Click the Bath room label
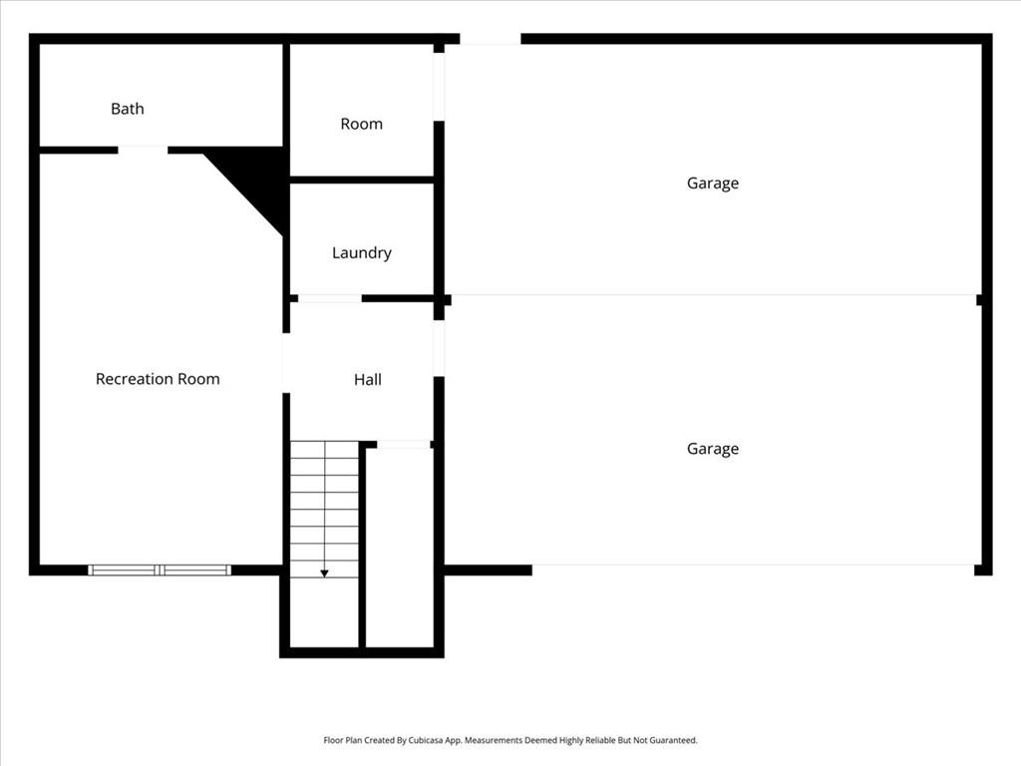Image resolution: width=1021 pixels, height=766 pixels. point(127,109)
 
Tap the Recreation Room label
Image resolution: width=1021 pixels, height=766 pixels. point(158,379)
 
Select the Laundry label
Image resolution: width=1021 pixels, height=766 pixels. point(361,253)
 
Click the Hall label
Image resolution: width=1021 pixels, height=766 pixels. point(367,380)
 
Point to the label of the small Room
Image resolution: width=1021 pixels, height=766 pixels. point(361,124)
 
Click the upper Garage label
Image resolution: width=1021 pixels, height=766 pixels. point(712,184)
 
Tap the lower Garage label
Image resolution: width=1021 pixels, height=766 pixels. point(712,449)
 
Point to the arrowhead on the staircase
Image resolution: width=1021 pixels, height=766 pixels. point(324,573)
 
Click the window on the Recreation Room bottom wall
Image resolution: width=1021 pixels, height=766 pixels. point(160,570)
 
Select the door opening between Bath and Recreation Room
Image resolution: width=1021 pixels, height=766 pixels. point(143,150)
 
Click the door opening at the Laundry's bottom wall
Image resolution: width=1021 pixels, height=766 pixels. point(330,298)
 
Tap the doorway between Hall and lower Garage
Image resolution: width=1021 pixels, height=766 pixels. point(439,348)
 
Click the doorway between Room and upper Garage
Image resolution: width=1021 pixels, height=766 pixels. point(439,87)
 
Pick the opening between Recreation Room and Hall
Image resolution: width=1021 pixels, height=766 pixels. point(286,363)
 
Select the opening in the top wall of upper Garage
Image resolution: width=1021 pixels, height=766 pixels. point(490,39)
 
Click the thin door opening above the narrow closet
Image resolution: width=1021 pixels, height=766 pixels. point(404,444)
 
